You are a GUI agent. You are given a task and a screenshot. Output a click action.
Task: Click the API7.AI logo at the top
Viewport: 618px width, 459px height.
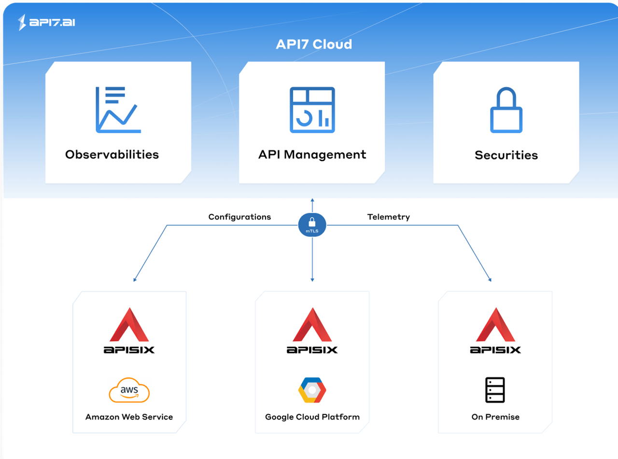tap(47, 22)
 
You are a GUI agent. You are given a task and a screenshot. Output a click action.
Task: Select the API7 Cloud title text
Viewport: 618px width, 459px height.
tap(314, 44)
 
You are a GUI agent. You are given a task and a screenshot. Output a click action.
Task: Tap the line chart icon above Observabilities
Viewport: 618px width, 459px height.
tap(118, 110)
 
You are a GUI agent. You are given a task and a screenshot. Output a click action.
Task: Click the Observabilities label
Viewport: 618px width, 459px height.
tap(112, 154)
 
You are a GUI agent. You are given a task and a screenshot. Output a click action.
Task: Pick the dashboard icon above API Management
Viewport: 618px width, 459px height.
tap(312, 110)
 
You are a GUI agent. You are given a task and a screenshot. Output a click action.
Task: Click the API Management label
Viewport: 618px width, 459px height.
tap(312, 154)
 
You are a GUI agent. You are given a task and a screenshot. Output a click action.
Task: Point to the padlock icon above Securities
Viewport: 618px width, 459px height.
tap(506, 110)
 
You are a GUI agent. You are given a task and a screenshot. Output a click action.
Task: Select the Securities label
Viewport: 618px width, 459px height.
tap(506, 155)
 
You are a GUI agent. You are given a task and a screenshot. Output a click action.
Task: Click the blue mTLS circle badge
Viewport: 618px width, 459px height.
tap(312, 225)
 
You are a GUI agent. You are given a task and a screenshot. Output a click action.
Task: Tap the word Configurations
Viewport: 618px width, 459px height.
tap(239, 217)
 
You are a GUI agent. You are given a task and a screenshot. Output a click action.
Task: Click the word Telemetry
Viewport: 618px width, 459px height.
tap(388, 217)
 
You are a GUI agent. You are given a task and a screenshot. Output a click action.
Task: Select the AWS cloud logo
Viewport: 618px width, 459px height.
tap(129, 390)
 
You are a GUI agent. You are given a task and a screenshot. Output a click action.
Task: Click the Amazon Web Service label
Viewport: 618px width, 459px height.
tap(129, 417)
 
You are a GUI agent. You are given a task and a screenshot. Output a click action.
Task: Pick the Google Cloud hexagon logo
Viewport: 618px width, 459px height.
tap(312, 390)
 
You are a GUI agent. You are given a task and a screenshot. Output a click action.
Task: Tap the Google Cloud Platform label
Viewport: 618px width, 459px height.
tap(312, 417)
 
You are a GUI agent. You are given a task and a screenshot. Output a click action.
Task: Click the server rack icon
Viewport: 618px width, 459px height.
tap(495, 390)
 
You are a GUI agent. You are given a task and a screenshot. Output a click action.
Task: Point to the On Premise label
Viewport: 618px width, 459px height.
tap(495, 417)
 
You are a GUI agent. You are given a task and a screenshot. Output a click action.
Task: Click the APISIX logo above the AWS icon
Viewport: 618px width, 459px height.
tap(129, 331)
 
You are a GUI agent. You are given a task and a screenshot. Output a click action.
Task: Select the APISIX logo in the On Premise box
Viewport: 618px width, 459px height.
tap(495, 331)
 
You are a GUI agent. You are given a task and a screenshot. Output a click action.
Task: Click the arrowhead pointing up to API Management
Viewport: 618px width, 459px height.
tap(312, 200)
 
